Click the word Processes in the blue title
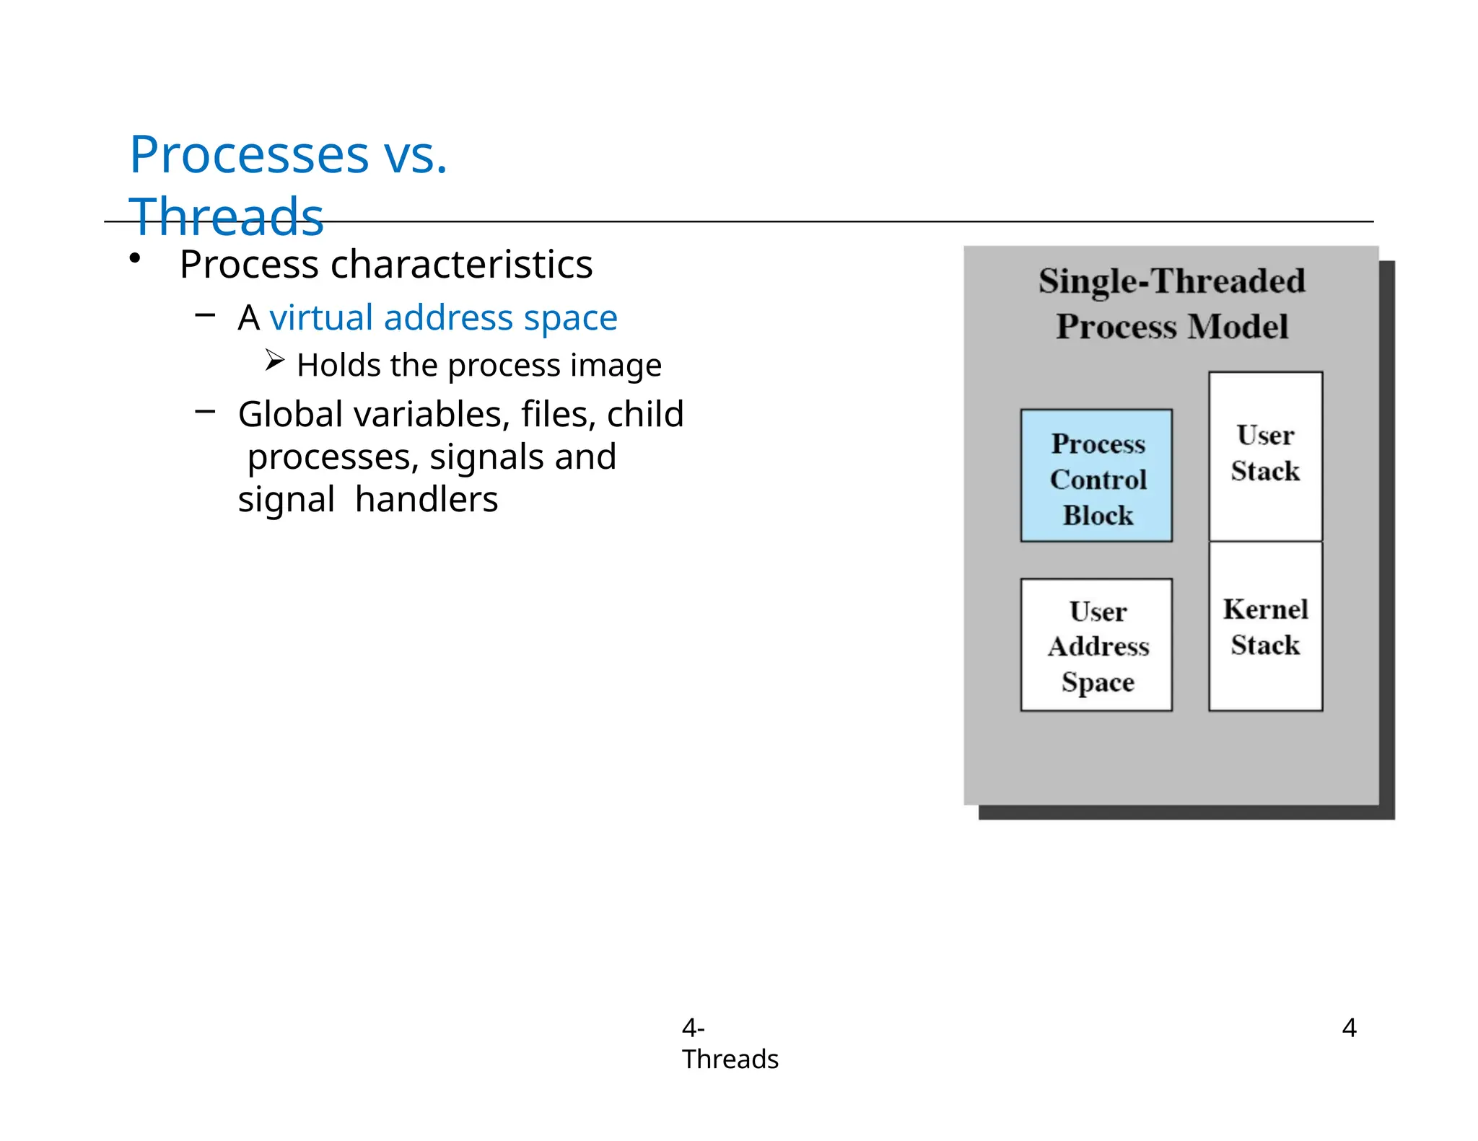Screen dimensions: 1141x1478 click(x=249, y=155)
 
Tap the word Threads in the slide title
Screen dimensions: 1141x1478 click(x=226, y=216)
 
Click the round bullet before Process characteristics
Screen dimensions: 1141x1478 click(x=135, y=258)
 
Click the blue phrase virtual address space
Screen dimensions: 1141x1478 click(x=443, y=317)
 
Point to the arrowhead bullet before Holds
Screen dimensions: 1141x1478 click(x=274, y=360)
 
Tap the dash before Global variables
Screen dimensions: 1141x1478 click(x=205, y=412)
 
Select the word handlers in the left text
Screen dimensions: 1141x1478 click(x=427, y=499)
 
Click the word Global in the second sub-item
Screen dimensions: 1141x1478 click(x=290, y=414)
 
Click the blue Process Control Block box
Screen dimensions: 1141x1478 click(x=1096, y=476)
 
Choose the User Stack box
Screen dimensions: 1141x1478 click(x=1265, y=456)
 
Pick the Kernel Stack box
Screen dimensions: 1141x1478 click(x=1265, y=626)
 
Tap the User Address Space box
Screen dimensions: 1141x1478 click(x=1096, y=645)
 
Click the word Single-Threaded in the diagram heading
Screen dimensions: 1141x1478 click(x=1171, y=281)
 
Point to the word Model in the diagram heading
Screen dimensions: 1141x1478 click(x=1238, y=327)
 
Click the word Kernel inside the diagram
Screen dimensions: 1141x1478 click(x=1265, y=609)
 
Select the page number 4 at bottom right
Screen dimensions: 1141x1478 click(x=1349, y=1027)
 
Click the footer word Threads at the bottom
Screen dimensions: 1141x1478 click(x=730, y=1059)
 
